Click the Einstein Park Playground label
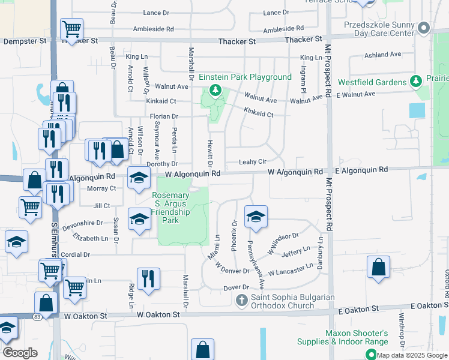pos(245,77)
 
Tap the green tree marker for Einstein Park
pos(215,91)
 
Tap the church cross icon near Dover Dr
pos(242,299)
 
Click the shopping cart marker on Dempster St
pos(71,28)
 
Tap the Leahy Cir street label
pos(252,161)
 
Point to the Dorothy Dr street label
pos(163,163)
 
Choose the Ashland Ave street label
pos(382,55)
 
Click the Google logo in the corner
pos(20,353)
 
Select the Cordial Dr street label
pos(75,254)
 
